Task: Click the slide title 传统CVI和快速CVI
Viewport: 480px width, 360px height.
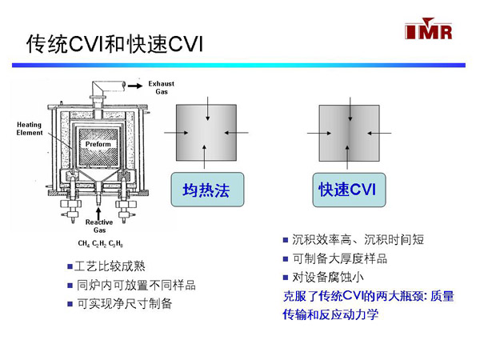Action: (x=115, y=45)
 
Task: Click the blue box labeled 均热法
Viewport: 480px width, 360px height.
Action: (x=206, y=190)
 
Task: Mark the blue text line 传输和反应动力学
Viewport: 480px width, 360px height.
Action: (x=330, y=314)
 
